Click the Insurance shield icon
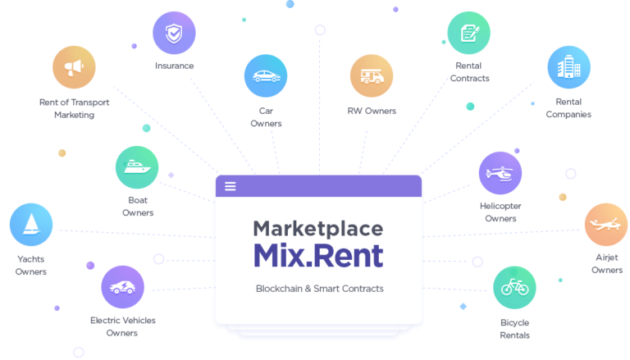pyautogui.click(x=174, y=33)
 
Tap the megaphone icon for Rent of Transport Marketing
pyautogui.click(x=74, y=67)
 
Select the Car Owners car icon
pyautogui.click(x=266, y=76)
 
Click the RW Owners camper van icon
pyautogui.click(x=372, y=76)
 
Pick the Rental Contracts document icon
pyautogui.click(x=469, y=33)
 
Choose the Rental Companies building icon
pyautogui.click(x=569, y=67)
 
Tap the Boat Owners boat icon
pyautogui.click(x=137, y=167)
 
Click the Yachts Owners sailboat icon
pyautogui.click(x=31, y=225)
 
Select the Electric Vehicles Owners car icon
pyautogui.click(x=122, y=287)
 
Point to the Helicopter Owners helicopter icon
pyautogui.click(x=500, y=173)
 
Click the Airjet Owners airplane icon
pyautogui.click(x=606, y=225)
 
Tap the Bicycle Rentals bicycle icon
pyautogui.click(x=514, y=287)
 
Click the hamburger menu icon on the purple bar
pyautogui.click(x=231, y=186)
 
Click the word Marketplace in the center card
pyautogui.click(x=318, y=229)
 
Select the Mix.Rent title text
pyautogui.click(x=318, y=256)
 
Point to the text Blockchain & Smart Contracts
pyautogui.click(x=320, y=289)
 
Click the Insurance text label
pyautogui.click(x=175, y=66)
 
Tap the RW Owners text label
pyautogui.click(x=372, y=111)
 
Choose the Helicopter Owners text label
pyautogui.click(x=500, y=212)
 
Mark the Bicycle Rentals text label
pyautogui.click(x=514, y=329)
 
